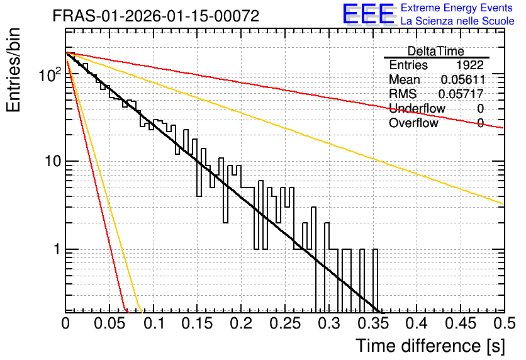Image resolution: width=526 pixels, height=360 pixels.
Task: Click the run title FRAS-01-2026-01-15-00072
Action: point(156,16)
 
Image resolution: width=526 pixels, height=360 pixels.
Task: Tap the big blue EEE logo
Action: point(369,14)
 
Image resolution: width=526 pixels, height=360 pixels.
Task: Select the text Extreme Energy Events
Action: point(457,8)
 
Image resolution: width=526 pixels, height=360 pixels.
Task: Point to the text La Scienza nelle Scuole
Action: point(457,21)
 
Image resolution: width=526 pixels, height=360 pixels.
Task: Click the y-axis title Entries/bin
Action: point(13,70)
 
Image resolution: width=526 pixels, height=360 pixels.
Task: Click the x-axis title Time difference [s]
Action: point(430,346)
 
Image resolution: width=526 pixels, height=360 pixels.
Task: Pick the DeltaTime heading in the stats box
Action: point(436,52)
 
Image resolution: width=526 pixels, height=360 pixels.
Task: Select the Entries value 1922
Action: point(470,65)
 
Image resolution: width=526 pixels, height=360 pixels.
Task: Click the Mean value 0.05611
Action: point(463,79)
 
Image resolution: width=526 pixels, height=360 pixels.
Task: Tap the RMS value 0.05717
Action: point(461,94)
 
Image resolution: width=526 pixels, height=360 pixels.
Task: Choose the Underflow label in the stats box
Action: point(417,108)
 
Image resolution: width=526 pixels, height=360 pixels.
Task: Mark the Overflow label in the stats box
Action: point(413,123)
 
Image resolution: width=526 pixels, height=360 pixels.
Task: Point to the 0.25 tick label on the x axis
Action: point(285,323)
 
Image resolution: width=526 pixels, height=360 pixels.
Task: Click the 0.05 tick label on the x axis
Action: point(109,323)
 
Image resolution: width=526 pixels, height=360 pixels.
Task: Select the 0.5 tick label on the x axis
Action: point(505,323)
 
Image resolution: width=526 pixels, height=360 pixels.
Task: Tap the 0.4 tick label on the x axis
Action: point(417,323)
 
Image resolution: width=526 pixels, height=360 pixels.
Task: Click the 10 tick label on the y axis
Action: point(53,161)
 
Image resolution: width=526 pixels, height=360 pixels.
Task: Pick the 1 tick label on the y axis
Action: point(57,250)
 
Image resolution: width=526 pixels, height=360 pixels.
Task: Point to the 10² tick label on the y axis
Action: point(50,74)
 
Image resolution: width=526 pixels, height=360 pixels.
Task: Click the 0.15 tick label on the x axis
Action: point(197,323)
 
